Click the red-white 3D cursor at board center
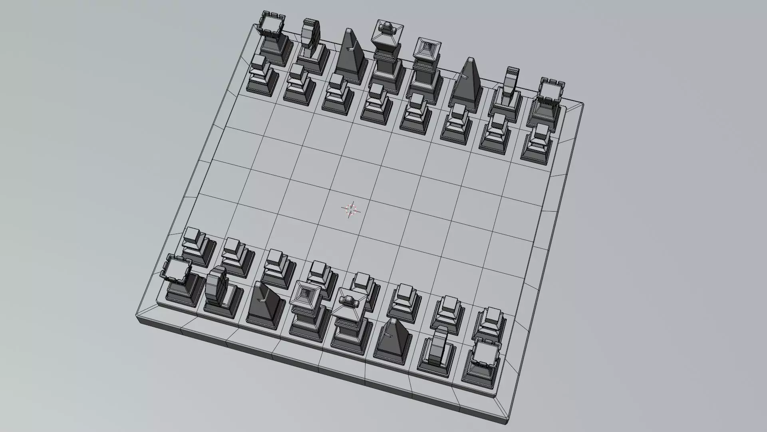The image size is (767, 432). (351, 210)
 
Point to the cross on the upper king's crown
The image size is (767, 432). (387, 28)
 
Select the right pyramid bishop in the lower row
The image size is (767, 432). (393, 338)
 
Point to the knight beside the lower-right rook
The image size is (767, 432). (439, 348)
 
